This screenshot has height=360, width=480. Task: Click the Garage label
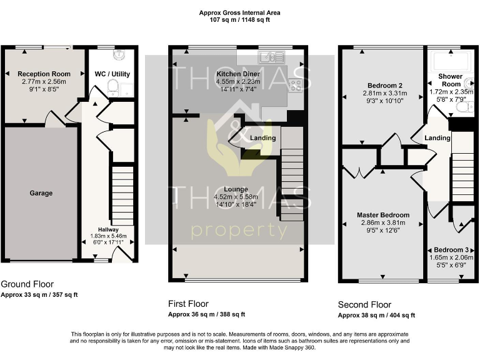(x=41, y=193)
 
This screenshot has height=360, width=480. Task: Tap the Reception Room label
(x=44, y=74)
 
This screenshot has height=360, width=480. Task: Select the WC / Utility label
(x=112, y=74)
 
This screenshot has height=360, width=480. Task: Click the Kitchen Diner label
(x=198, y=74)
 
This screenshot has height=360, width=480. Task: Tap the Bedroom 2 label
(x=384, y=86)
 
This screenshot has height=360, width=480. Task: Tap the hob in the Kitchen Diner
(x=294, y=86)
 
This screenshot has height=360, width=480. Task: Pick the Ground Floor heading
(x=27, y=284)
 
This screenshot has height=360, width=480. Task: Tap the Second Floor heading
(x=364, y=304)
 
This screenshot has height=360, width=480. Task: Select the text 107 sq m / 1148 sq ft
(x=239, y=20)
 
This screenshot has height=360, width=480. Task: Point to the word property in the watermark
(x=239, y=231)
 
